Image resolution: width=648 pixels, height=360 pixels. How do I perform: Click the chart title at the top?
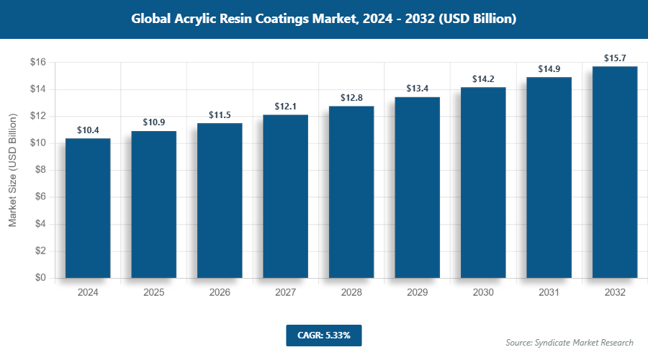[323, 19]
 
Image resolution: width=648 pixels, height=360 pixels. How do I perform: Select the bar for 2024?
[88, 208]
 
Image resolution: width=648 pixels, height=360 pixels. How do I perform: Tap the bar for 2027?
[285, 196]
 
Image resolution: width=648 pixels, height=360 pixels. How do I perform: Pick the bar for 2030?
[483, 182]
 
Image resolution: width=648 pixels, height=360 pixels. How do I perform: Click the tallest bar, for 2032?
[615, 172]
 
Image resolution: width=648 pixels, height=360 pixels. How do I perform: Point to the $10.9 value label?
[153, 122]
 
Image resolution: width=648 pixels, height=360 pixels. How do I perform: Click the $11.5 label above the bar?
[220, 114]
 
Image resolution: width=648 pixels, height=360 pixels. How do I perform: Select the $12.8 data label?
[351, 97]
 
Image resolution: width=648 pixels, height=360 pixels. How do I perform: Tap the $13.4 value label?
[417, 89]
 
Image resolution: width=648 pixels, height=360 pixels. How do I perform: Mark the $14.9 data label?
[549, 69]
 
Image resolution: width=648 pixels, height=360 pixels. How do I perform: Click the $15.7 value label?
[615, 58]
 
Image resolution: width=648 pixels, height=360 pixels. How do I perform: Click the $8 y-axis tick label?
[40, 170]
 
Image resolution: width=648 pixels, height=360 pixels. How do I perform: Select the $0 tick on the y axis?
[40, 277]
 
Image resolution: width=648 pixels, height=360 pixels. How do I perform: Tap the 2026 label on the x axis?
[220, 292]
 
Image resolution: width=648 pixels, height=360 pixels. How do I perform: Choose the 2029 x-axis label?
[417, 292]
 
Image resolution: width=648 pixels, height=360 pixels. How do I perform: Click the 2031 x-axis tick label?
[549, 292]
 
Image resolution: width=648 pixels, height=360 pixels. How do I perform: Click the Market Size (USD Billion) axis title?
[13, 170]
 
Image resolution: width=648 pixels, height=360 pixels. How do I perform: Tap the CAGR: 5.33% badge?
[323, 335]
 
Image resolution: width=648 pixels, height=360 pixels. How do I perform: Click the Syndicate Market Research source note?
[569, 342]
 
